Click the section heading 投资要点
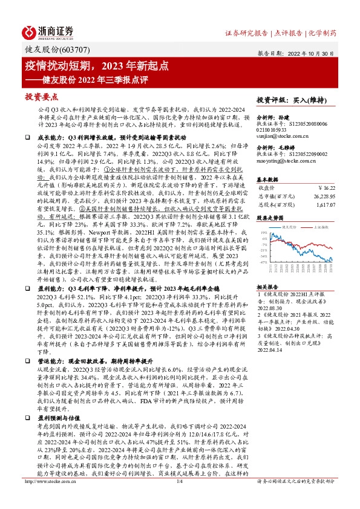(41, 97)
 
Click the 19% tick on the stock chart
(263, 232)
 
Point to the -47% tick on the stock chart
(263, 263)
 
